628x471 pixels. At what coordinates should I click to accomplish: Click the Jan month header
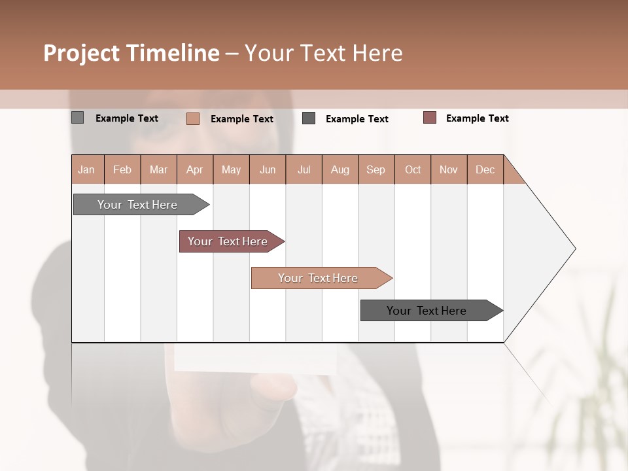coord(86,169)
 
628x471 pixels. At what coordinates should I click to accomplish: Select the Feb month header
coord(122,169)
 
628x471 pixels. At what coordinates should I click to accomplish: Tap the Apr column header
coord(194,169)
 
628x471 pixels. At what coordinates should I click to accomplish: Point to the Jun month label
coord(268,169)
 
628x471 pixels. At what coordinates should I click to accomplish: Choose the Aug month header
coord(340,169)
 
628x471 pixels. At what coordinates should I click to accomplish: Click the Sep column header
coord(375,169)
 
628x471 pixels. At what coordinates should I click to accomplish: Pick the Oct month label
coord(413,169)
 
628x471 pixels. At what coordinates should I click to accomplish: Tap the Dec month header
coord(485,169)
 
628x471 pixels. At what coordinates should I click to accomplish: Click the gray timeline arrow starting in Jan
coord(137,205)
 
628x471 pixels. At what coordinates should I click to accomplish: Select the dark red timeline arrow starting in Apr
coord(228,241)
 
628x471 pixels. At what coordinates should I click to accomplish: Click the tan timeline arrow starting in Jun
coord(318,278)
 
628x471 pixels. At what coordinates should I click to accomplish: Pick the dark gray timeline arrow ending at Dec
coord(427,311)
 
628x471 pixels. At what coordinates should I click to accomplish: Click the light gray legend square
coord(78,118)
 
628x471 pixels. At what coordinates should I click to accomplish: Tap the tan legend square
coord(192,118)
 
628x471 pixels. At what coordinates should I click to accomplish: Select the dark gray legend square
coord(309,118)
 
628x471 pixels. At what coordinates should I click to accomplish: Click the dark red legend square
coord(430,118)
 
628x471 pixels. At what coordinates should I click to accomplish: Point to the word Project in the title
coord(80,53)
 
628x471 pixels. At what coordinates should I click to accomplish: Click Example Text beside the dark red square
coord(477,118)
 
